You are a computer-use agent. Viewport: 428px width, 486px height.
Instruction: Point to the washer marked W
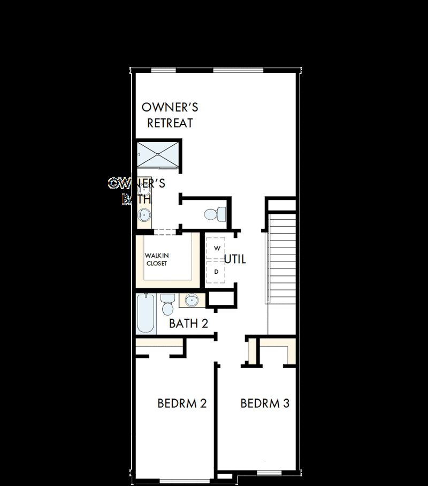(217, 249)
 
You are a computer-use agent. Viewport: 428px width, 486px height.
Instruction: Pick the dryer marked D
(217, 272)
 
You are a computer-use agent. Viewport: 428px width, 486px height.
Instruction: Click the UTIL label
(235, 259)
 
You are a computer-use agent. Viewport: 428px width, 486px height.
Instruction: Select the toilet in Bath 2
(167, 305)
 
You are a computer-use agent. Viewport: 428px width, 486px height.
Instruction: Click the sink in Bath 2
(190, 300)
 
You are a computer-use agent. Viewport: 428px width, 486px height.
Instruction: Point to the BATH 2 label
(188, 324)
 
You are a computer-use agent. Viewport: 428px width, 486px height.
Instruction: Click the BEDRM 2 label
(182, 403)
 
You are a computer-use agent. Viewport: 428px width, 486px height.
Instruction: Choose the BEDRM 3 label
(265, 403)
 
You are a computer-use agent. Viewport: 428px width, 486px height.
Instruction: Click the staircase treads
(282, 257)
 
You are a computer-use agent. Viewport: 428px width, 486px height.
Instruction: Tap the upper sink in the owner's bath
(143, 189)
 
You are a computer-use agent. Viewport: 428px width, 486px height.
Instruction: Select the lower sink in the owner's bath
(143, 215)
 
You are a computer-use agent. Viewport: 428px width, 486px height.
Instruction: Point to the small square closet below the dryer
(220, 299)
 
